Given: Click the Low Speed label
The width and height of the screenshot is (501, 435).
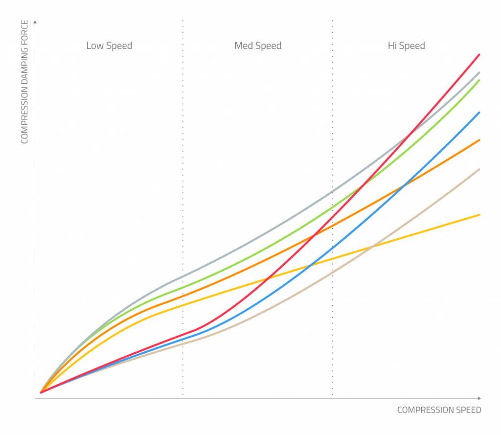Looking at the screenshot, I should click(x=109, y=46).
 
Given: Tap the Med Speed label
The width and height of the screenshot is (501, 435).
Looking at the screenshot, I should click(x=258, y=46).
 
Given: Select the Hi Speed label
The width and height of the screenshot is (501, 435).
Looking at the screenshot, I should click(x=406, y=46).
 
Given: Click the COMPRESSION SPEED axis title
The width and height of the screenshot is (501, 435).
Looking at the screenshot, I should click(x=439, y=410).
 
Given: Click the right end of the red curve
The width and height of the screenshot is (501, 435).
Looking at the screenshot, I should click(x=479, y=54).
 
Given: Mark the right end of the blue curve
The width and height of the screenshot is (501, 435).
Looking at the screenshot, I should click(x=479, y=113).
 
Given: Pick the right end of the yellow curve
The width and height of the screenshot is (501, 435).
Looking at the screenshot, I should click(x=479, y=215).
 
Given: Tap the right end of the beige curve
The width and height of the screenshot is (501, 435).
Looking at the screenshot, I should click(x=479, y=169).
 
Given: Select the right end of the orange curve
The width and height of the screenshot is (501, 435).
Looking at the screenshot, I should click(x=479, y=140).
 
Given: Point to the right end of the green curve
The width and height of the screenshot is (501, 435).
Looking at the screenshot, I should click(x=479, y=80).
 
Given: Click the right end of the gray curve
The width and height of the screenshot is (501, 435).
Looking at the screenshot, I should click(x=479, y=72).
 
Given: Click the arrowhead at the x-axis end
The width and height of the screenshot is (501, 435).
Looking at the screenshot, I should click(x=479, y=398).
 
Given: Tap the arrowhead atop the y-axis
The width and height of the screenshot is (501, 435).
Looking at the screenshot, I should click(x=35, y=22).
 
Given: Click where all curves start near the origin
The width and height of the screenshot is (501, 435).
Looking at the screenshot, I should click(x=41, y=392).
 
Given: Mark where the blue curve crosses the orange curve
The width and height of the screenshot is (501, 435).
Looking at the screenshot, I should click(x=403, y=185).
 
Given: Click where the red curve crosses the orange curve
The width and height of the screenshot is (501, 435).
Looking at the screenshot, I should click(x=313, y=236).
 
